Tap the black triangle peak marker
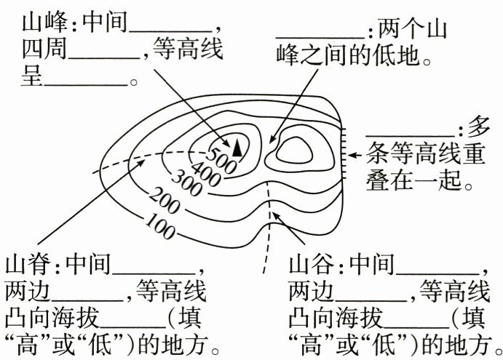pos(237,146)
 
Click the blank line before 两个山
pos(320,33)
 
